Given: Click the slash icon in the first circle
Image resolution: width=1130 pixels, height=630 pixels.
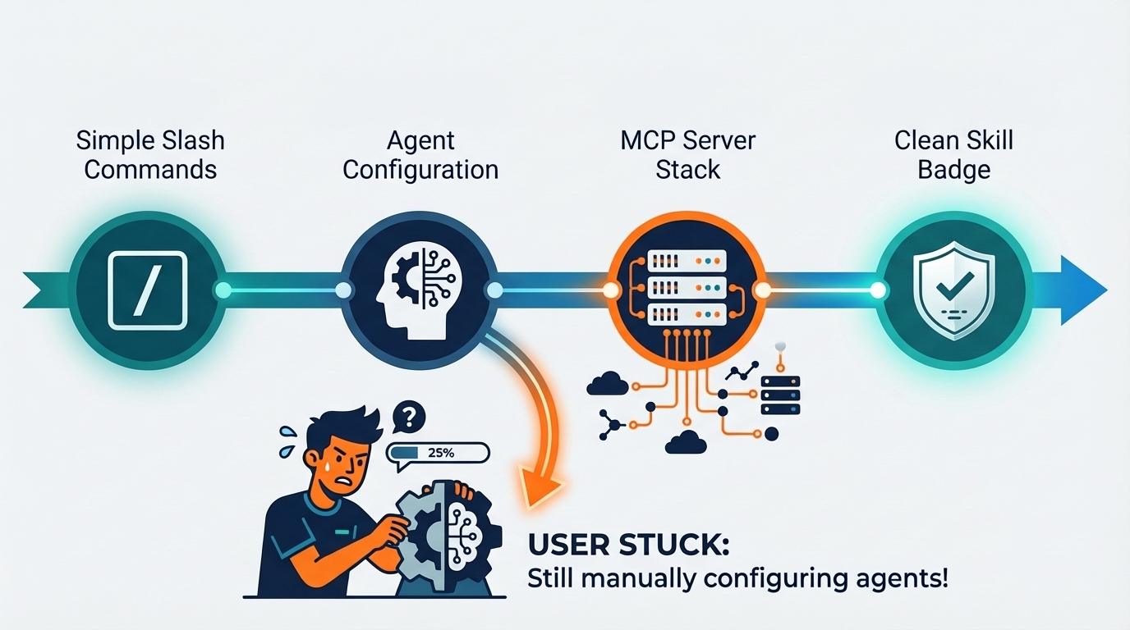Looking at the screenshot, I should coord(148,290).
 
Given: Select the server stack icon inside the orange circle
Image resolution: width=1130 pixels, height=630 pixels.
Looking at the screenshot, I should coord(687,288).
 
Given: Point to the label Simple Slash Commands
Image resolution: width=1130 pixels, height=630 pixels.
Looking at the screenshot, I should coord(150,155).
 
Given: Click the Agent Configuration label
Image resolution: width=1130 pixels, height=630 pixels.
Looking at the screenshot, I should coord(420,155).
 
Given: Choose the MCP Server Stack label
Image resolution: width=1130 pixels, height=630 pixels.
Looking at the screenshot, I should coord(687,155).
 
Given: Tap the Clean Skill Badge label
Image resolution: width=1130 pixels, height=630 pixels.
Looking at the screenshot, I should coord(953,155).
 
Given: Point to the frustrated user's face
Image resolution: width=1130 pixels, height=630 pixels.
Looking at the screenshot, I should coord(347,459).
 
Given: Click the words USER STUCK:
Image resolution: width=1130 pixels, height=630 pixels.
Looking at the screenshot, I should coord(628,545).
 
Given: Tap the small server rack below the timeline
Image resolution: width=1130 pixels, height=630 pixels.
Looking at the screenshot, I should coord(780,395).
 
